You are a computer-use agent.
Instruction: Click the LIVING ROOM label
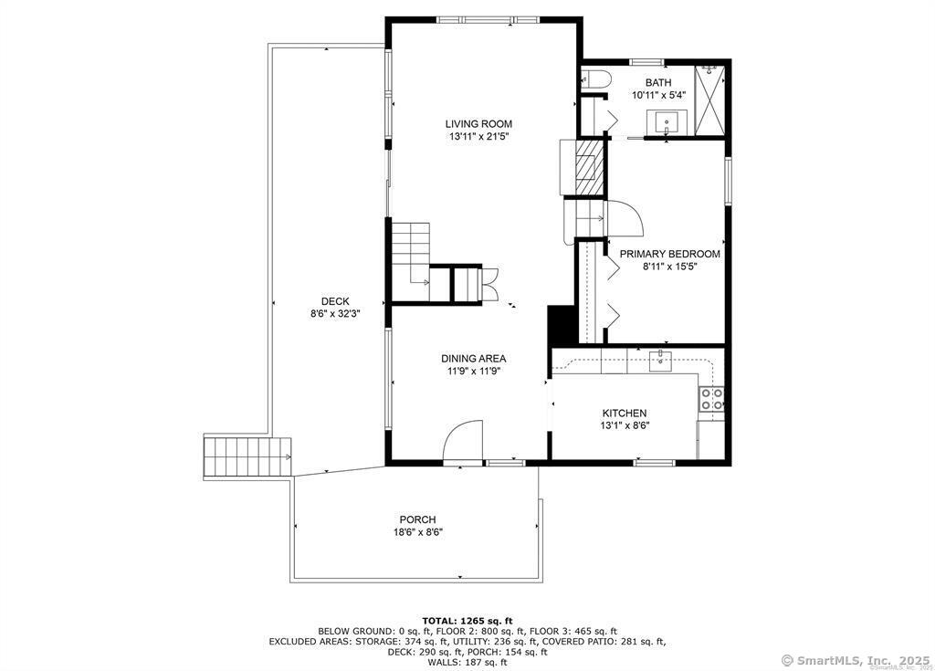coord(478,124)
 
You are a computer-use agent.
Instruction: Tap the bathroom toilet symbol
coord(596,80)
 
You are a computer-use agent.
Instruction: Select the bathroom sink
coord(666,123)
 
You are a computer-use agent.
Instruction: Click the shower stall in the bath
coord(710,100)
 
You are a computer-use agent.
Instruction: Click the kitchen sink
coord(660,361)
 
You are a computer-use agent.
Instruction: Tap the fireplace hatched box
coord(590,167)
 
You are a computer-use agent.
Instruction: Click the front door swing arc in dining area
coord(463,440)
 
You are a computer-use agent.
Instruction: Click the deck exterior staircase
coord(247,456)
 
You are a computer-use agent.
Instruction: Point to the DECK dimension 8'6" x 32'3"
coord(335,314)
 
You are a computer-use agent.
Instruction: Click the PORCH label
coord(417,519)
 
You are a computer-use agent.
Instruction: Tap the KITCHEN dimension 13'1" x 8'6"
coord(625,425)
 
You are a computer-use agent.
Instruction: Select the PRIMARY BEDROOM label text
coord(669,254)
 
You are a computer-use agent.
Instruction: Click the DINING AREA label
coord(474,359)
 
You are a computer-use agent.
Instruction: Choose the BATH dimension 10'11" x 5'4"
coord(658,95)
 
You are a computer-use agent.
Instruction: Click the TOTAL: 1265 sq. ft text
coord(467,621)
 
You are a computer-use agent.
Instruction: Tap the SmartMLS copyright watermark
coord(855,660)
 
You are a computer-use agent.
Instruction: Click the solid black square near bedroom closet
coord(560,326)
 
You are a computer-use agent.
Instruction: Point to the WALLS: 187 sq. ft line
coord(467,662)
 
